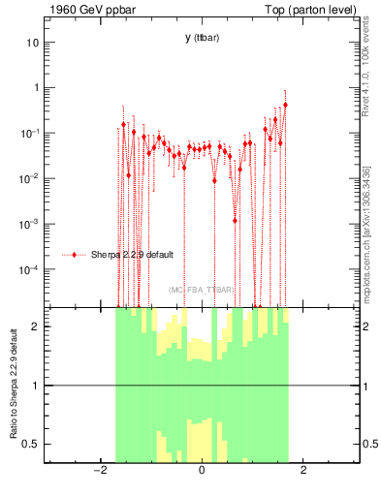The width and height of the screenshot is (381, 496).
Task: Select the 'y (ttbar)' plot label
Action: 201,38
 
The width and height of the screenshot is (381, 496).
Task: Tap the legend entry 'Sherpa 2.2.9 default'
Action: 134,255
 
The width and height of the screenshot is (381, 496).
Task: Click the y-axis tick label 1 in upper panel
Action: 36,88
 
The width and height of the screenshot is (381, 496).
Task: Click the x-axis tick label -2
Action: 98,471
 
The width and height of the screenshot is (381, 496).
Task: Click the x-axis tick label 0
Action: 202,471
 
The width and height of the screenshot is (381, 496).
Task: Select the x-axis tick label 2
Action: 303,471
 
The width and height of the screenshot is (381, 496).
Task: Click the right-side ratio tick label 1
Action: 365,386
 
